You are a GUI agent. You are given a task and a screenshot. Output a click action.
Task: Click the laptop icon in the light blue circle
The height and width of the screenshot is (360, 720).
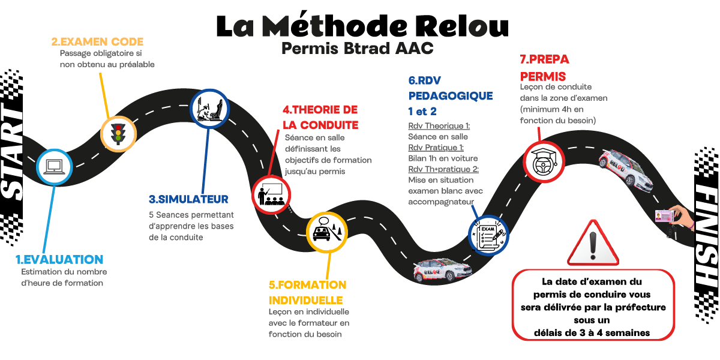[54, 165]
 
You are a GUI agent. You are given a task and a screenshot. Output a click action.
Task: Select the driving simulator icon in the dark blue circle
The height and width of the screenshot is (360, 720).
[209, 108]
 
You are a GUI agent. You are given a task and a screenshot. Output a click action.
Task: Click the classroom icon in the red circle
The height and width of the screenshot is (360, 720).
[271, 194]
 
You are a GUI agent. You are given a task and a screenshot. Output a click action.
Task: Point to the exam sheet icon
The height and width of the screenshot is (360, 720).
[488, 235]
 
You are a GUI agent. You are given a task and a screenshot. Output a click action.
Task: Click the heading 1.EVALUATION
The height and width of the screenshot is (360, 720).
[59, 260]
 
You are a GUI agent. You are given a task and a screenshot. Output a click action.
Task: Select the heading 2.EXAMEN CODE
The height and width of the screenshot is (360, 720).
[97, 41]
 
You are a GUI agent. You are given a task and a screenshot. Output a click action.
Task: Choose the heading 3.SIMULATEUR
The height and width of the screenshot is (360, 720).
[188, 199]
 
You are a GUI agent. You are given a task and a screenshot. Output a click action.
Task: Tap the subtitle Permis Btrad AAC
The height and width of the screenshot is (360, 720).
[357, 49]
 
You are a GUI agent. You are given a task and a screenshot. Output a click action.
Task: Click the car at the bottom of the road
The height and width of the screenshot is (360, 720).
[442, 269]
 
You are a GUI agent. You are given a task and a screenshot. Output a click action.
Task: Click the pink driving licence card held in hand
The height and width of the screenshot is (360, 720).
[666, 217]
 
